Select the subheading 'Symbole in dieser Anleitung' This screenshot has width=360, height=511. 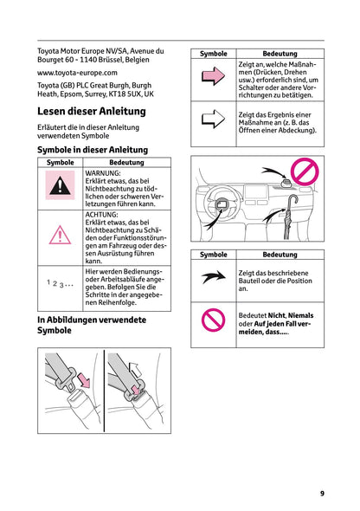pos(93,150)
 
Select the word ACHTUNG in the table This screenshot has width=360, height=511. pos(103,213)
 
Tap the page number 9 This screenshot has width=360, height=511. pos(322,494)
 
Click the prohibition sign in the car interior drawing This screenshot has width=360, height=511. pos(304,172)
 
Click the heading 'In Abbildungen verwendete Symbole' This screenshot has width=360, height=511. pos(92,325)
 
